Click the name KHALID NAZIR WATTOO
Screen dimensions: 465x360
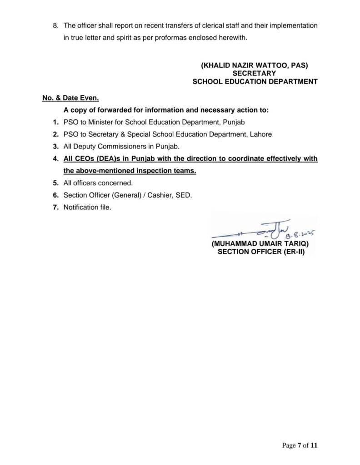pyautogui.click(x=248, y=65)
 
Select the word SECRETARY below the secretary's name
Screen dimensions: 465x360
pyautogui.click(x=254, y=74)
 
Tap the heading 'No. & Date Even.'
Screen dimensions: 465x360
pyautogui.click(x=70, y=98)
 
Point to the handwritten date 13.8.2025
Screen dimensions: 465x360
pyautogui.click(x=300, y=234)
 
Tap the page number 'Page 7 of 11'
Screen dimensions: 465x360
pyautogui.click(x=300, y=445)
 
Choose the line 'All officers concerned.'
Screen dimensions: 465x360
pyautogui.click(x=98, y=183)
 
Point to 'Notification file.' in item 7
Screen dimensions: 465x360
pyautogui.click(x=87, y=207)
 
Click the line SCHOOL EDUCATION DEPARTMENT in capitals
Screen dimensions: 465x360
pyautogui.click(x=255, y=82)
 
